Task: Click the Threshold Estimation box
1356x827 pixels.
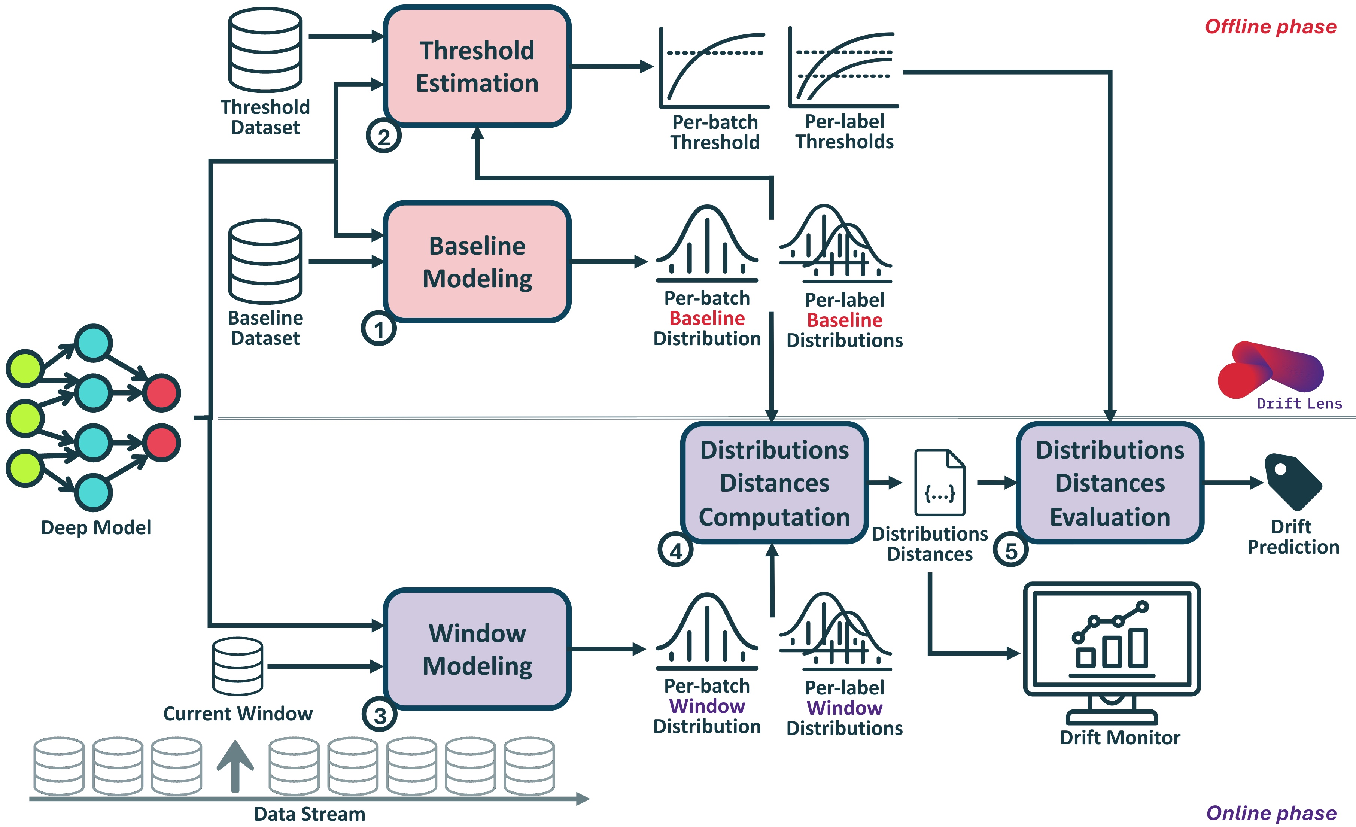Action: pyautogui.click(x=477, y=66)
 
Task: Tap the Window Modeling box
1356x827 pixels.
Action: pyautogui.click(x=477, y=649)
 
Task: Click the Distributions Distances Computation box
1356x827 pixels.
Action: pyautogui.click(x=774, y=483)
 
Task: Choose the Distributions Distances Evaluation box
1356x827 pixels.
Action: pyautogui.click(x=1110, y=483)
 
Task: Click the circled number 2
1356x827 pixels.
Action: pyautogui.click(x=384, y=136)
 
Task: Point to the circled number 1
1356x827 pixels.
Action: pyautogui.click(x=378, y=329)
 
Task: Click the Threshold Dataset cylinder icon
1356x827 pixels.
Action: pyautogui.click(x=266, y=49)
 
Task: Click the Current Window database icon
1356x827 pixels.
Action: pyautogui.click(x=238, y=666)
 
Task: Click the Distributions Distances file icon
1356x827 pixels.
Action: pyautogui.click(x=939, y=483)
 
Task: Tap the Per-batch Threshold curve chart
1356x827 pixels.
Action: pyautogui.click(x=714, y=67)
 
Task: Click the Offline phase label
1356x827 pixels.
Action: pyautogui.click(x=1271, y=27)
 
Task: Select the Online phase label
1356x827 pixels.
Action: pyautogui.click(x=1271, y=813)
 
